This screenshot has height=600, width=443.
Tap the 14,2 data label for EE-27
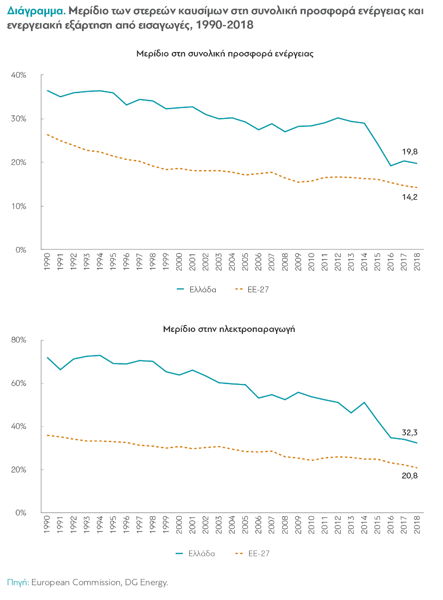[409, 196]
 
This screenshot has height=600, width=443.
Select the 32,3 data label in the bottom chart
[410, 433]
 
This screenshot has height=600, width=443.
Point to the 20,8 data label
[410, 475]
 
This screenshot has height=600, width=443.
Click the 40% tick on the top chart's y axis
[19, 75]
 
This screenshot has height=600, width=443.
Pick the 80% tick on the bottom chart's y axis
[19, 340]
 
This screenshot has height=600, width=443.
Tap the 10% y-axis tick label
[19, 206]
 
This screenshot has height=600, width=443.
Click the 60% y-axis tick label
[19, 383]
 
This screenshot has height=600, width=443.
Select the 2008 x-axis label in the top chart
[284, 262]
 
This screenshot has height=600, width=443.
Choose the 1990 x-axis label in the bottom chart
[46, 525]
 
